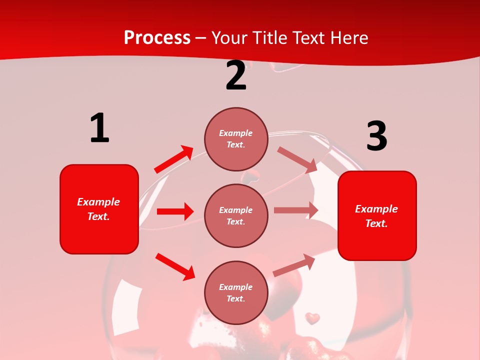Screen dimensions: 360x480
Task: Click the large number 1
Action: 99,128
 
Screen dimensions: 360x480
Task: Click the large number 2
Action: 236,75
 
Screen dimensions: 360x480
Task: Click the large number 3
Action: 376,136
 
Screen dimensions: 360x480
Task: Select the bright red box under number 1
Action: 99,209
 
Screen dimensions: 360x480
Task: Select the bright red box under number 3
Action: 377,215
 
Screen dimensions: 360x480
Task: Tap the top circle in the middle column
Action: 236,139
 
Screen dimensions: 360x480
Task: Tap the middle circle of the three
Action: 236,215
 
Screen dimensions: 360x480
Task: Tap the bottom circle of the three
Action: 236,292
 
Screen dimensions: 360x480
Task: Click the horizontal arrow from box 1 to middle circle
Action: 175,211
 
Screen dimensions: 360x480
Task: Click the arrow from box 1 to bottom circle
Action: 175,266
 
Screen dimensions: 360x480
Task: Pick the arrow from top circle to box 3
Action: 297,159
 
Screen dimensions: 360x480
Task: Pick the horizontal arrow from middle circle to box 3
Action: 296,210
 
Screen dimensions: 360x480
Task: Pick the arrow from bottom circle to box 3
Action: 294,265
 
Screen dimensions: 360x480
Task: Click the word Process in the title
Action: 157,37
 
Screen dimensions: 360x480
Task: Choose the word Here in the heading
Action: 349,37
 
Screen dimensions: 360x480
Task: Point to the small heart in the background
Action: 313,317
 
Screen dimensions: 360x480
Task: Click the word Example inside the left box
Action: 98,202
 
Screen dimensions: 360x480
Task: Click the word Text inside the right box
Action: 376,223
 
